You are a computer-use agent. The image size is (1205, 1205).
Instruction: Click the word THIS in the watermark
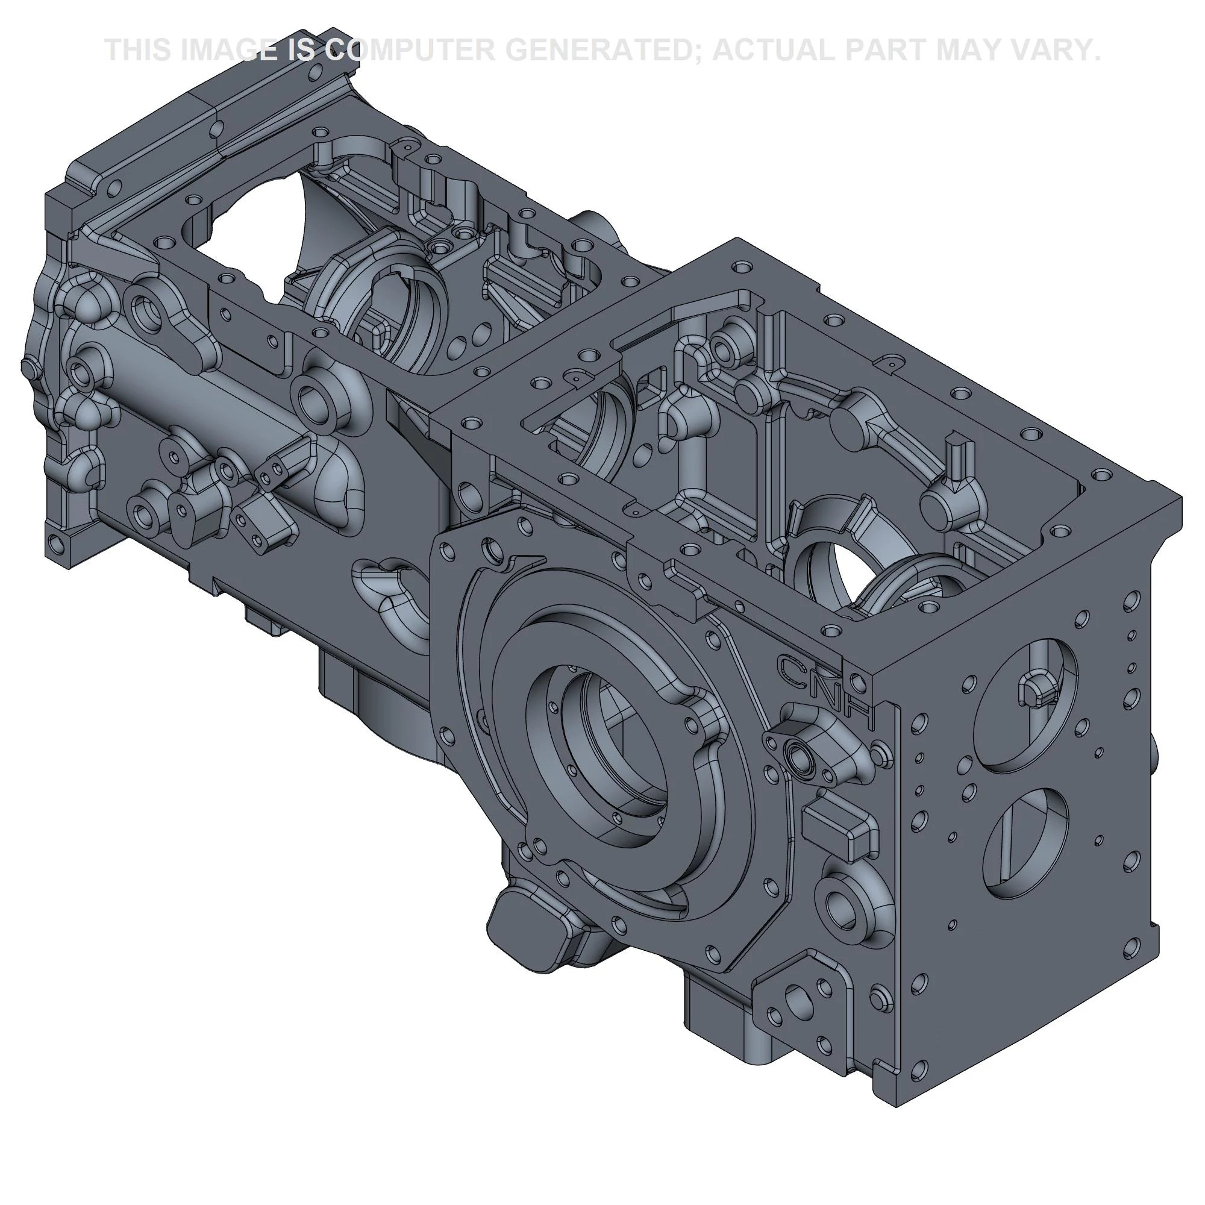coord(140,50)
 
